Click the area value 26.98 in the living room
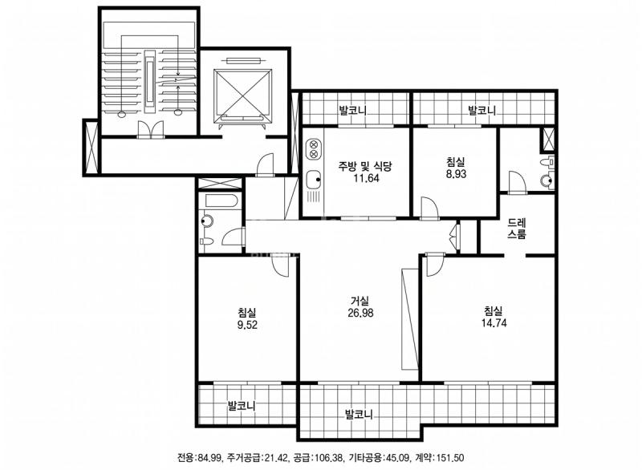pos(360,314)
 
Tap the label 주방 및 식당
pos(365,166)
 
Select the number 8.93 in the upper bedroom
pos(456,174)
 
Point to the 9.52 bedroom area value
pos(247,325)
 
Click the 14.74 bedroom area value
pos(494,322)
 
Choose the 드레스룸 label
pos(517,229)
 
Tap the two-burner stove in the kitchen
pos(314,149)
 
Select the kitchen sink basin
pos(314,178)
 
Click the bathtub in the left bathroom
pos(221,201)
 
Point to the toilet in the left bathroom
pos(206,241)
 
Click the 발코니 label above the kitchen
pos(352,110)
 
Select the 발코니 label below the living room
pos(359,414)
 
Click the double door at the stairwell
pos(151,129)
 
